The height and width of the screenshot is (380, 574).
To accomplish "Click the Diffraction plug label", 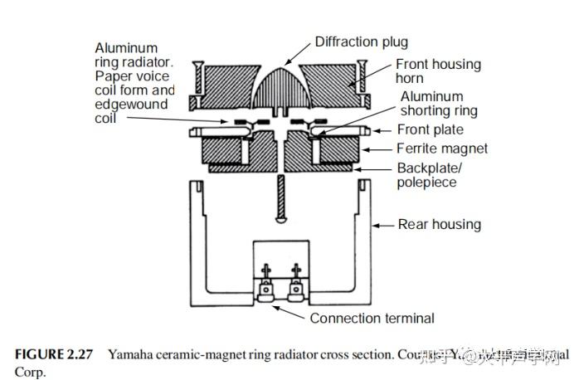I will (361, 41).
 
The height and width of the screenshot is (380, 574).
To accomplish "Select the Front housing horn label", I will (437, 71).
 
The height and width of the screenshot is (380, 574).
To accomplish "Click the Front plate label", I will (430, 130).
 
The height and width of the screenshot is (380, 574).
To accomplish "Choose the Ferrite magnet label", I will (442, 149).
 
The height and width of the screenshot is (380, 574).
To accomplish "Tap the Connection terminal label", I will (372, 318).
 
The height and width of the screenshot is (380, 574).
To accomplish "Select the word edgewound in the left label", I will (131, 105).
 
